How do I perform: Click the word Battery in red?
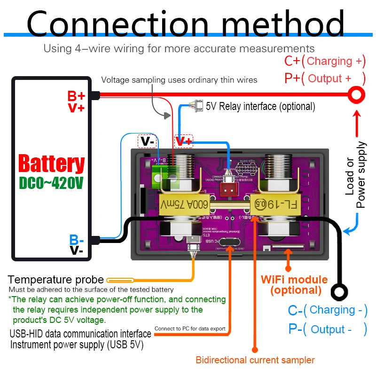click(51, 164)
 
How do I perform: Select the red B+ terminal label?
click(76, 96)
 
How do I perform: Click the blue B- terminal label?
click(77, 240)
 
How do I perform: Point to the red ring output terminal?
click(356, 95)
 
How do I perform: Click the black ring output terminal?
click(339, 292)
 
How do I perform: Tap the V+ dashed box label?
click(184, 141)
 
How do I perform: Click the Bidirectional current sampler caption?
click(255, 360)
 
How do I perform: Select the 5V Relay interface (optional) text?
click(260, 106)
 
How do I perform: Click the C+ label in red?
click(292, 61)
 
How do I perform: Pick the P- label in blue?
click(295, 329)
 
